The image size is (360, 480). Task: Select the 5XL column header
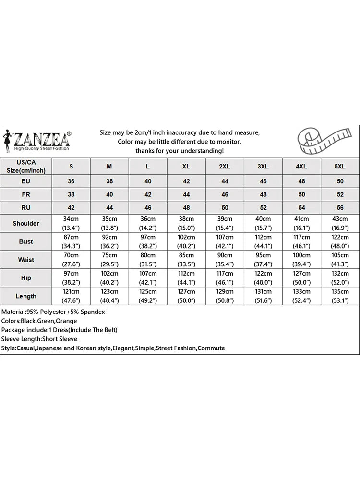(340, 166)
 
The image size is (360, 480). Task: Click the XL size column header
(186, 166)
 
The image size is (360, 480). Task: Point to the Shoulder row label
(26, 223)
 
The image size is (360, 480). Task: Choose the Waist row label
(26, 260)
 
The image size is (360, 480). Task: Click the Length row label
(26, 296)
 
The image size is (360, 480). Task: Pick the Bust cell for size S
(71, 241)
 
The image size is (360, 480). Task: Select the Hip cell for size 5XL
(340, 278)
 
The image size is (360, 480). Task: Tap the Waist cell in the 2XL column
(225, 260)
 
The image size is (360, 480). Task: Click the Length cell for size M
(109, 296)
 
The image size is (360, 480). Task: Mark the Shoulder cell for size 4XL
(301, 223)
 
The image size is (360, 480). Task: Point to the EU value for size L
(148, 181)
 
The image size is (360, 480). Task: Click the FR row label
(26, 195)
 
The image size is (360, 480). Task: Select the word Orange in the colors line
(66, 321)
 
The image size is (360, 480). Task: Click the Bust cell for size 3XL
(263, 241)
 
